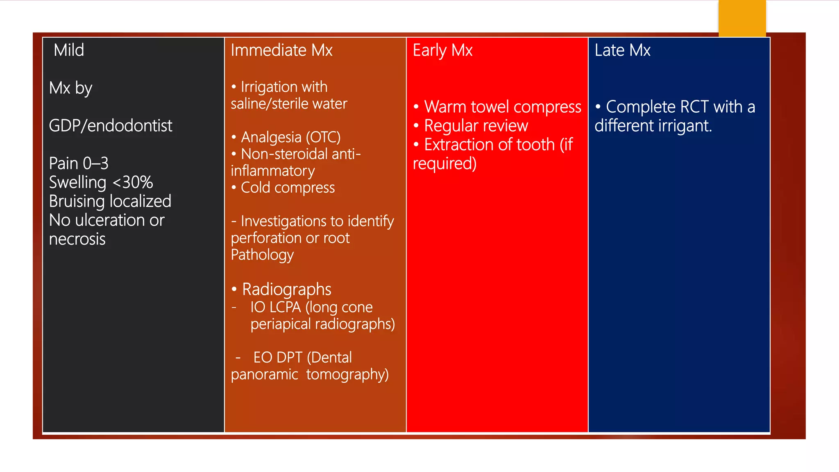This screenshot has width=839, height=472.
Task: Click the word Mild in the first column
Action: pos(69,50)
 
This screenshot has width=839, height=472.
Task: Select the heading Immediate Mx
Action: pos(281,50)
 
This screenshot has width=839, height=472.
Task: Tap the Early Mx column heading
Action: pos(442,50)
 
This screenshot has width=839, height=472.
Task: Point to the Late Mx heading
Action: pos(622,50)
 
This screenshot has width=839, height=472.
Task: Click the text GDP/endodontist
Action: pos(111,126)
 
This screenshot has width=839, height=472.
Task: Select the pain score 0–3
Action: pos(95,163)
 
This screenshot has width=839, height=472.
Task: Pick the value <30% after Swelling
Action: pos(132,182)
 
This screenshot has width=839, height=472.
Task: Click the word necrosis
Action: pos(77,239)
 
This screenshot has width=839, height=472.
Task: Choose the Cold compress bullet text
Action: pos(288,188)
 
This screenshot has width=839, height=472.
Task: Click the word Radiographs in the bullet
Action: pos(286,289)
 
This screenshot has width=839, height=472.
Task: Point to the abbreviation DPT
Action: pos(289,358)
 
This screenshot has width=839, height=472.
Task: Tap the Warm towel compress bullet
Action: pos(502,107)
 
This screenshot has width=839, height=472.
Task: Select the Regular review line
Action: pos(476,126)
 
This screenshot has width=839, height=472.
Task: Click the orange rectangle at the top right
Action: pos(742,18)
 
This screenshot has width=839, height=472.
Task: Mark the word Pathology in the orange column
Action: pos(262,255)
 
